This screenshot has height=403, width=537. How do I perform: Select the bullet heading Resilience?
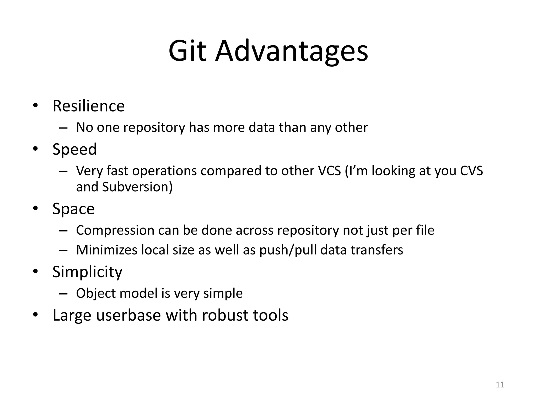(x=89, y=106)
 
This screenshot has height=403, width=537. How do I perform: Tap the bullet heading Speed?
(x=75, y=149)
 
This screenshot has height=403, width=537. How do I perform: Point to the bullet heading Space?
(x=73, y=209)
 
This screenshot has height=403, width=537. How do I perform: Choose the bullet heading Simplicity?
(x=87, y=272)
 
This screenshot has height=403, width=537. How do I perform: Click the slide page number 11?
(x=500, y=385)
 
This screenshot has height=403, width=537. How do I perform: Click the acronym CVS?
(x=471, y=171)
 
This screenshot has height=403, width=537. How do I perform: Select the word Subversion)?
(x=137, y=187)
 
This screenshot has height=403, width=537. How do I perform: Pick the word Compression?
(x=115, y=230)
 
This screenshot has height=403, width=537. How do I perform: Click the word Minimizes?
(x=106, y=250)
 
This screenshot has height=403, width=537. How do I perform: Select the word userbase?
(x=128, y=315)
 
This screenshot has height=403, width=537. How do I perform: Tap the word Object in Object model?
(x=96, y=293)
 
